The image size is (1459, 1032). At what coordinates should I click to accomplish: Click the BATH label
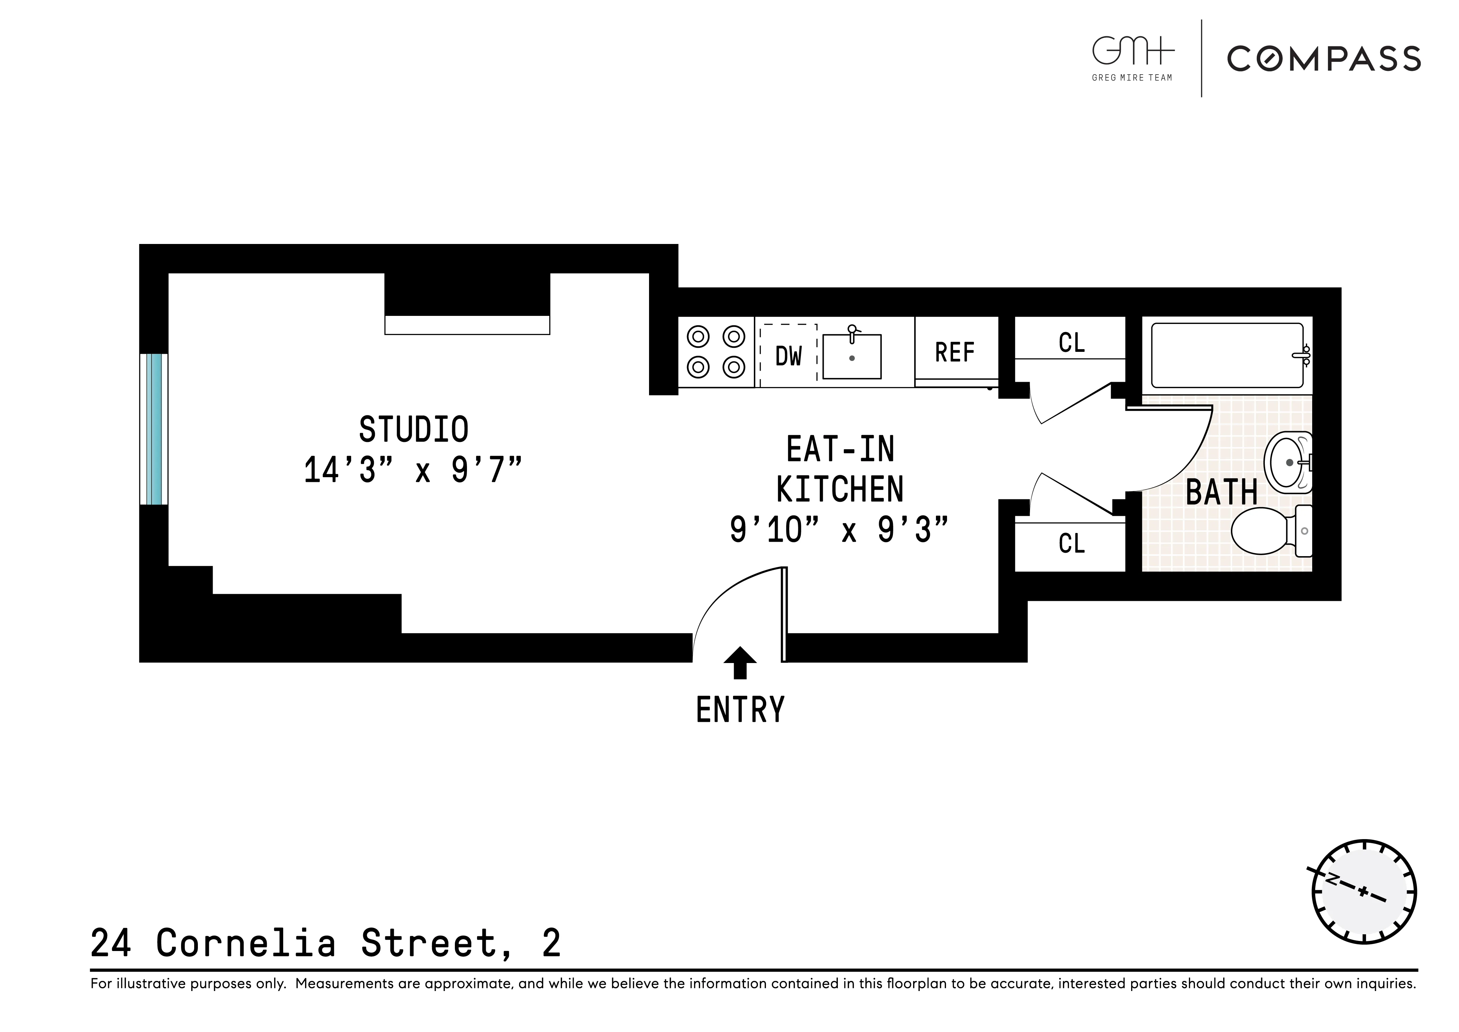point(1221,493)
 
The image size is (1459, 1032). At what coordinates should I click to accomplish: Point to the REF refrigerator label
point(954,353)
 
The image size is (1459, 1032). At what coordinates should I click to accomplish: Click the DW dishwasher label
point(788,357)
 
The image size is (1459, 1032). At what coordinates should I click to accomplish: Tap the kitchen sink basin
point(852,357)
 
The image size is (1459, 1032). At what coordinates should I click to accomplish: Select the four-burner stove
point(716,352)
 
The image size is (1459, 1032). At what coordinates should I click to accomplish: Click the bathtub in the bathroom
point(1227,355)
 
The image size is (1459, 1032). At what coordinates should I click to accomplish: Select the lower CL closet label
point(1071,544)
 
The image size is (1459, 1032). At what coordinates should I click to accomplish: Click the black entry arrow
point(740,663)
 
